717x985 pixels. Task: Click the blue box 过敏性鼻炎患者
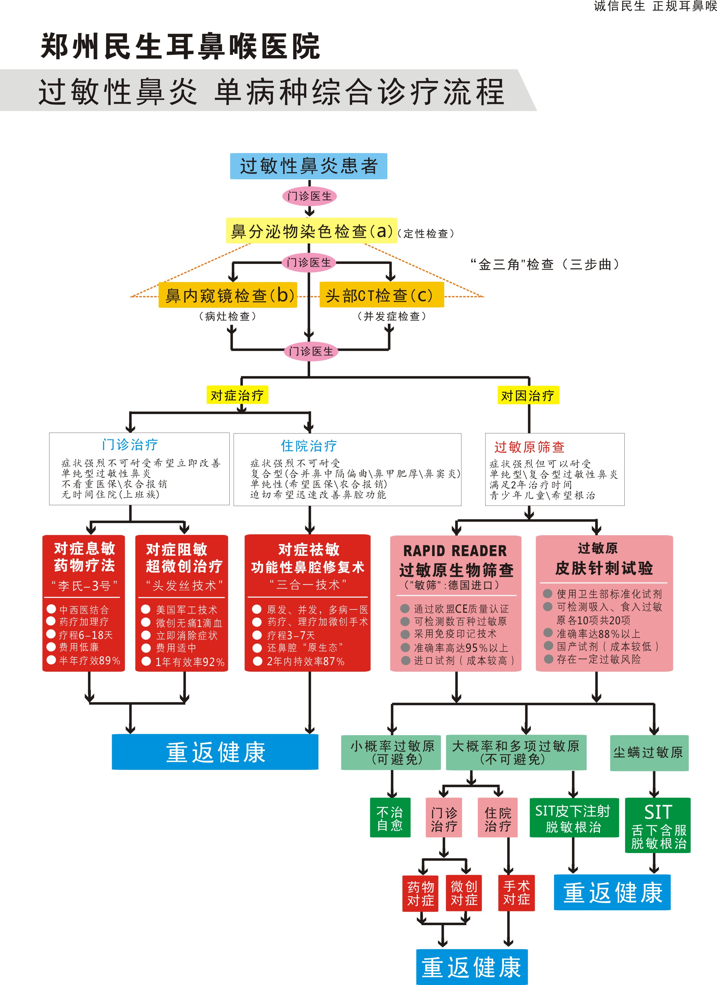coord(308,166)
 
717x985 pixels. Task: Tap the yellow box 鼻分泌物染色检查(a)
coord(311,231)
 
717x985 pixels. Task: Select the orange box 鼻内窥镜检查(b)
coord(228,295)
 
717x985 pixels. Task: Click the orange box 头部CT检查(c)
coord(381,295)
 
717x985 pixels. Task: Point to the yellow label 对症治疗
coord(237,395)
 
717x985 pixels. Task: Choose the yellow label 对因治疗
coord(528,395)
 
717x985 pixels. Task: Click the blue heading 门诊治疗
coord(130,444)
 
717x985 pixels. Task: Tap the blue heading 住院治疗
coord(309,446)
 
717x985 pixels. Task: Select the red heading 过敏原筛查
coord(529,446)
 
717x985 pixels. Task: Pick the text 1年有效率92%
coord(190,662)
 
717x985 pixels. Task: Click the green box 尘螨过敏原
coord(648,753)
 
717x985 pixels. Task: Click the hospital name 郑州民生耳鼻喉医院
coord(180,46)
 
